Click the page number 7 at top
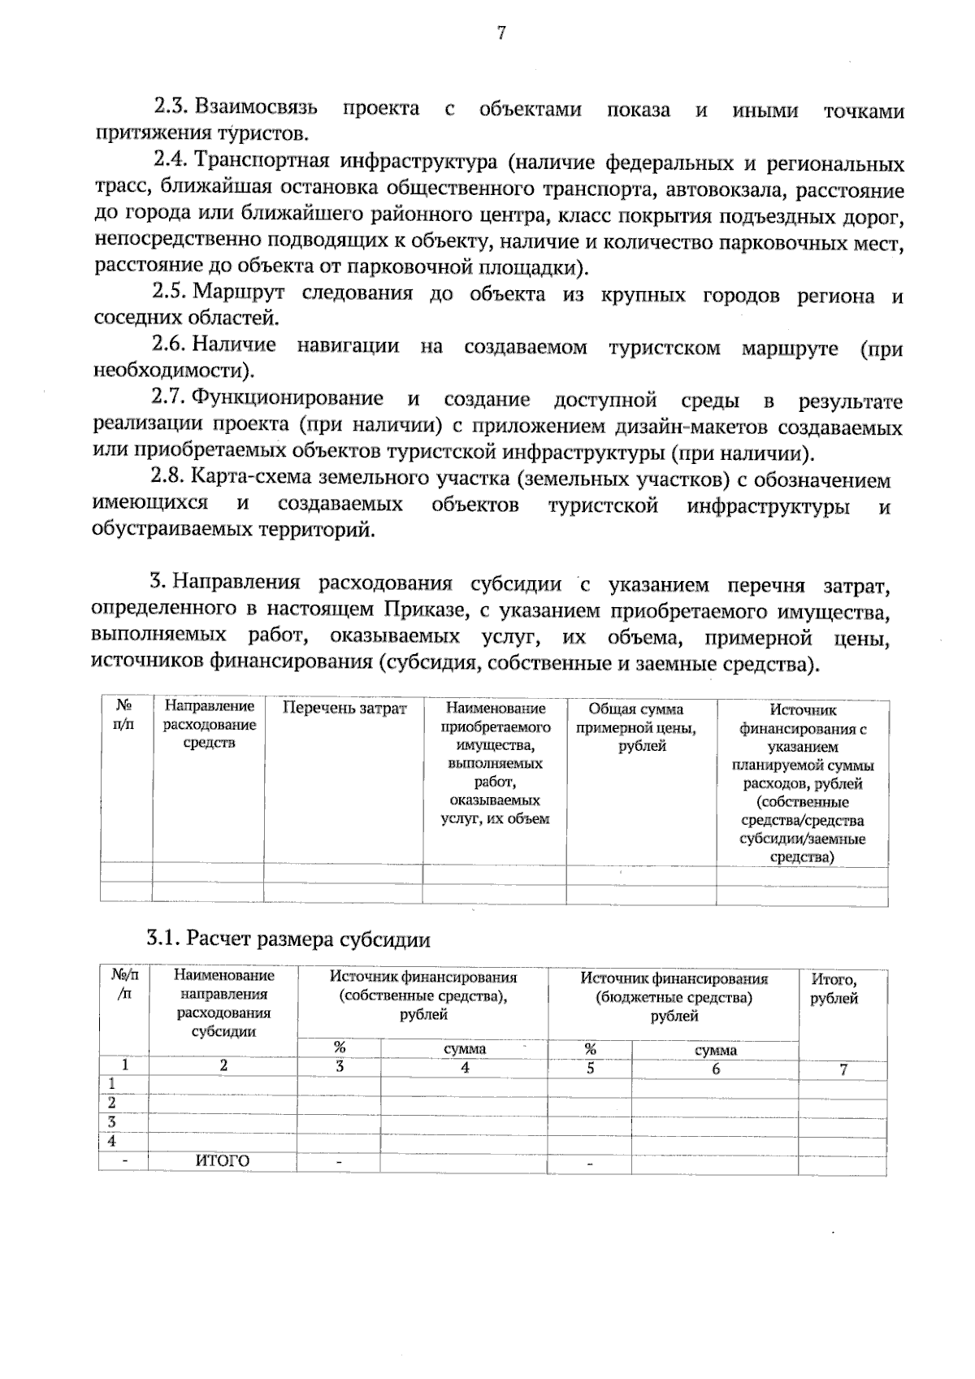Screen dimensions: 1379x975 (501, 33)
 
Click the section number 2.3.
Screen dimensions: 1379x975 (171, 107)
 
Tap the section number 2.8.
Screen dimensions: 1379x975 (171, 479)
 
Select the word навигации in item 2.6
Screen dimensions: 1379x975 (348, 347)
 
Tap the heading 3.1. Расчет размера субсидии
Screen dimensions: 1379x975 (288, 940)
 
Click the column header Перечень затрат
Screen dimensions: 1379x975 (344, 709)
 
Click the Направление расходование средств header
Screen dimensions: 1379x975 (210, 725)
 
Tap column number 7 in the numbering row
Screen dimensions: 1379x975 (843, 1070)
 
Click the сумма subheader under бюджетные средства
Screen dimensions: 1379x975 (716, 1050)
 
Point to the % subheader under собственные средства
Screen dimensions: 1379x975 (340, 1048)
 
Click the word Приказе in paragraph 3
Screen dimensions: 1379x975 (419, 609)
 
